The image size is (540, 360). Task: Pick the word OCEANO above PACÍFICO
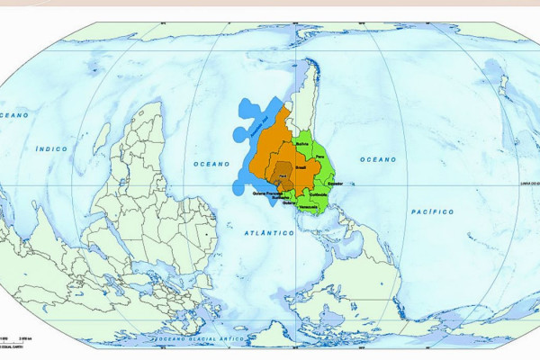click(378, 159)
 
